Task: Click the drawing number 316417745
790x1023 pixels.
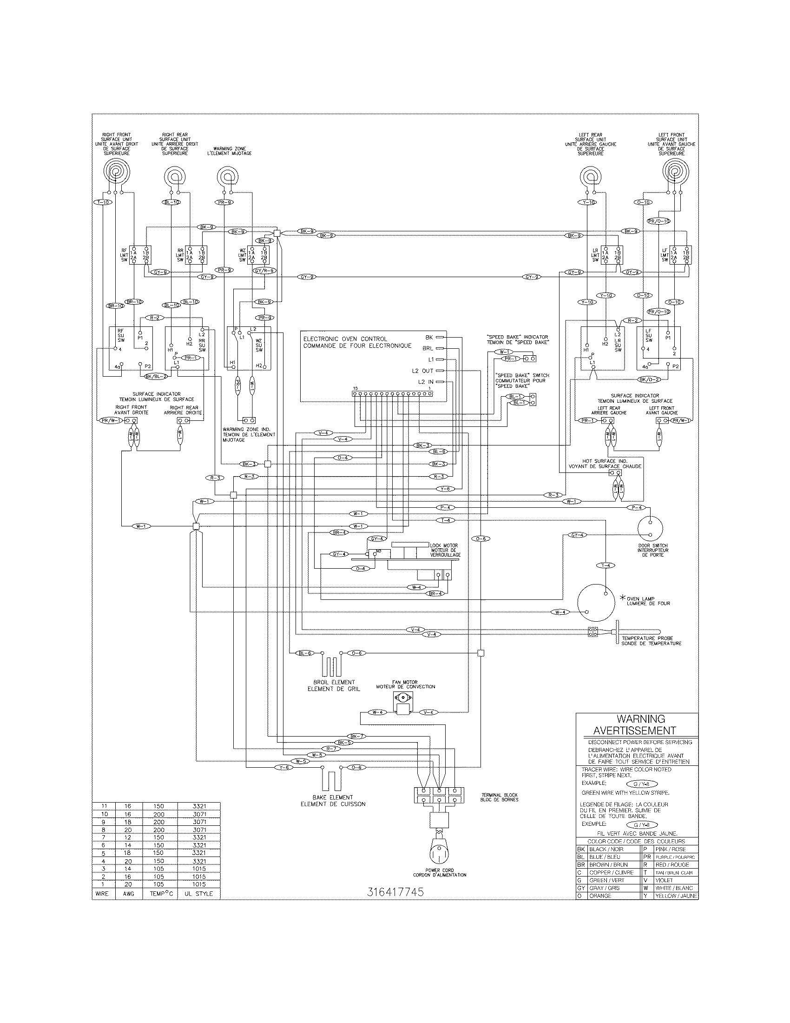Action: click(395, 892)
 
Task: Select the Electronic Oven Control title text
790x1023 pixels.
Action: click(357, 342)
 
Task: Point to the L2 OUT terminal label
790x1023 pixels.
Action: click(422, 371)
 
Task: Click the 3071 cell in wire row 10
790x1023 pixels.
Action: click(199, 814)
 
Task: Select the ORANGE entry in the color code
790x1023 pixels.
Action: click(600, 896)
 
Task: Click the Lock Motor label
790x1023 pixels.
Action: click(445, 550)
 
